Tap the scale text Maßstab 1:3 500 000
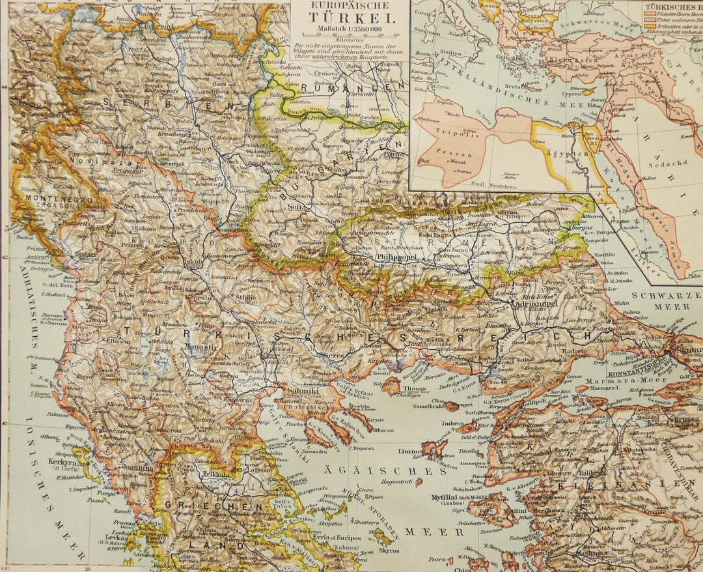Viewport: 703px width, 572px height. coord(350,29)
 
